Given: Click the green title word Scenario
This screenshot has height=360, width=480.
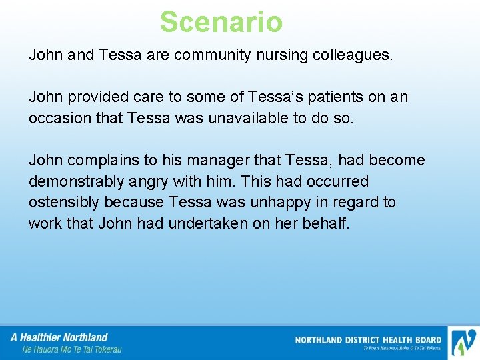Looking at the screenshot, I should coord(221,21).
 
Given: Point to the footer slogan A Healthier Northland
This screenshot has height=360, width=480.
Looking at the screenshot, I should coord(59,337).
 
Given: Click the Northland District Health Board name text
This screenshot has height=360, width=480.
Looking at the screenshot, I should coord(368,340).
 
